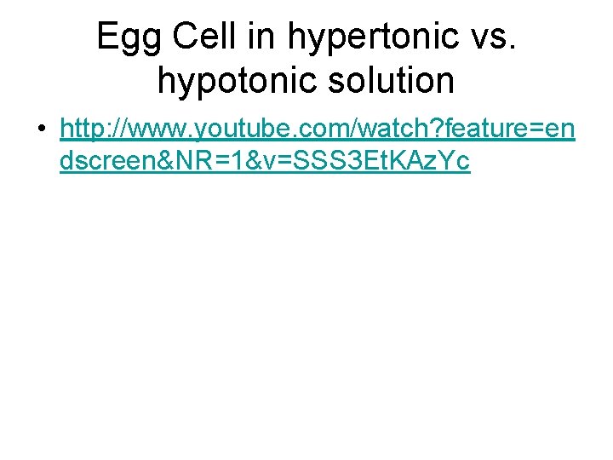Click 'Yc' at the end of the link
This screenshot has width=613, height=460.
pos(453,161)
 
